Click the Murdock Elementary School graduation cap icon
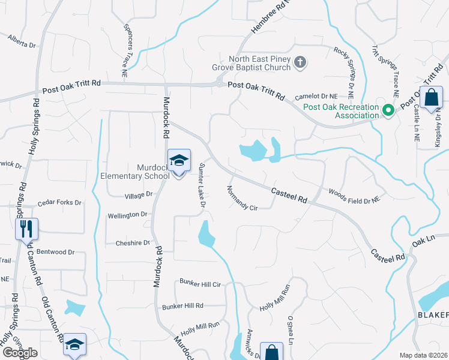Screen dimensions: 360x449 [179, 160]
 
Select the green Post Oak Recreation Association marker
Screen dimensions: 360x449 [388, 109]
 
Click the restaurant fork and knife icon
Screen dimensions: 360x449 [26, 229]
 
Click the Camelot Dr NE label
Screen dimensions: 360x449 [329, 96]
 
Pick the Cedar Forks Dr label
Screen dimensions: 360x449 [59, 203]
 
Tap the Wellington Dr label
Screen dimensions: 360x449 [127, 214]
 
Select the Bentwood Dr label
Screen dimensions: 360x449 [55, 253]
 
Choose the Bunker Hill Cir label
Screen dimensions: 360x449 [200, 282]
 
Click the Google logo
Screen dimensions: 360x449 [20, 353]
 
